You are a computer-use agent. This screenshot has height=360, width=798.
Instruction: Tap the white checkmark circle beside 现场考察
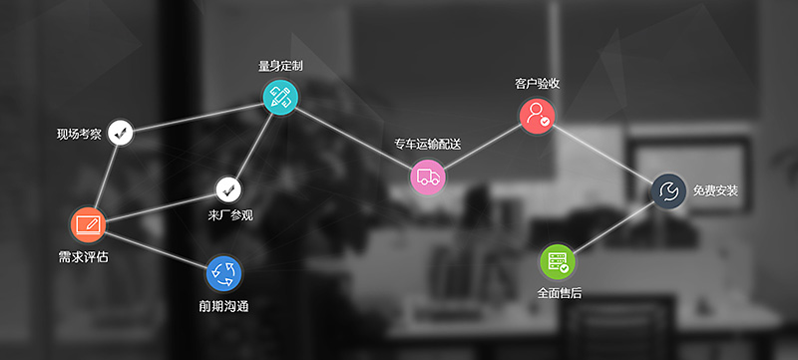pyautogui.click(x=121, y=131)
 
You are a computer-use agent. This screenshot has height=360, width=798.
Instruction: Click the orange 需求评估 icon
pyautogui.click(x=87, y=224)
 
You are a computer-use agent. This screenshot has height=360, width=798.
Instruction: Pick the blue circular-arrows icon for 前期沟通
pyautogui.click(x=223, y=272)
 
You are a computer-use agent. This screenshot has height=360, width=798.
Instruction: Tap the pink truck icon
pyautogui.click(x=428, y=178)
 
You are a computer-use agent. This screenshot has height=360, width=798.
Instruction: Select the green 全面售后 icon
pyautogui.click(x=557, y=261)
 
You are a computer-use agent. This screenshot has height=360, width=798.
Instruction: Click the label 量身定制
pyautogui.click(x=280, y=66)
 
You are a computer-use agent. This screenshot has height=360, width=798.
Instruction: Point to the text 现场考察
pyautogui.click(x=79, y=134)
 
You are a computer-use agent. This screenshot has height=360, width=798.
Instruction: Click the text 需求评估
pyautogui.click(x=84, y=256)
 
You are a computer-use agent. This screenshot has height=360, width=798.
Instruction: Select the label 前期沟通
pyautogui.click(x=223, y=305)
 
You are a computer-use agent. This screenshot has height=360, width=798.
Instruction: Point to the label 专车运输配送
pyautogui.click(x=428, y=145)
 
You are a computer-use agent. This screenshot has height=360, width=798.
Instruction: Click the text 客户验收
pyautogui.click(x=537, y=83)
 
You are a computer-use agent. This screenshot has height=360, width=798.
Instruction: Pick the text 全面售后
pyautogui.click(x=559, y=293)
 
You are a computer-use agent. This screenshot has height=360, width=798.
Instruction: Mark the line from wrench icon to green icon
pyautogui.click(x=613, y=226)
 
